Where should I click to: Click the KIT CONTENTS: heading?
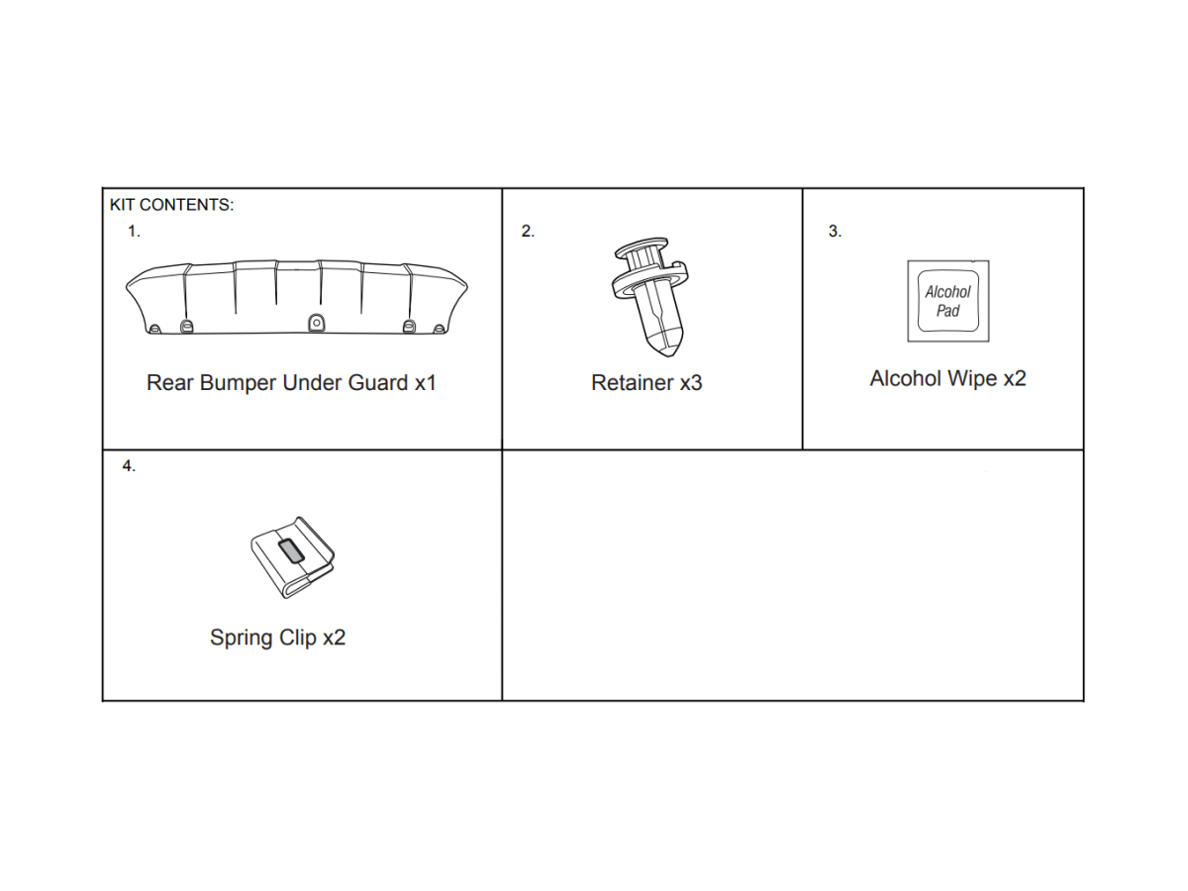(x=171, y=205)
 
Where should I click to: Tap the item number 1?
(x=134, y=232)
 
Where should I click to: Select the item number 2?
(x=528, y=232)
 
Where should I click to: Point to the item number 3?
(x=835, y=232)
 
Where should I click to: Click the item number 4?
(x=129, y=465)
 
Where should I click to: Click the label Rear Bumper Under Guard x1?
(x=291, y=383)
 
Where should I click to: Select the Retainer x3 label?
(x=646, y=383)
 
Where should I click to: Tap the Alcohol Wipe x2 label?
(x=947, y=379)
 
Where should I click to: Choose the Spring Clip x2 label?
(x=277, y=638)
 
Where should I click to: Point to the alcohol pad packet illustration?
(x=948, y=301)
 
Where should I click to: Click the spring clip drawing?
(x=293, y=557)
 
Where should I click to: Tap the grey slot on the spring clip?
(x=291, y=550)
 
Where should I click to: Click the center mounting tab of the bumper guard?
(x=317, y=323)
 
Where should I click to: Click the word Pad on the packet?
(x=947, y=311)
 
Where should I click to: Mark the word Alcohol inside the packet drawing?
(x=947, y=292)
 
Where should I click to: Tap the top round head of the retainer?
(x=642, y=247)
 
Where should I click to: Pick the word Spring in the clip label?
(x=241, y=639)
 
